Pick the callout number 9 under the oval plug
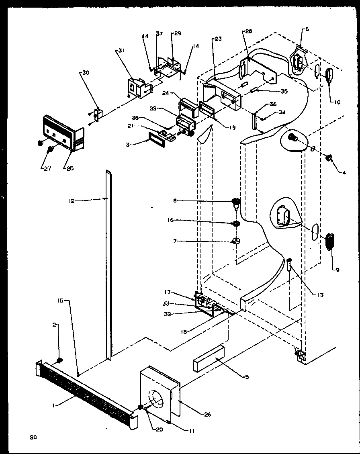pyautogui.click(x=338, y=270)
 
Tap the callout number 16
pyautogui.click(x=171, y=220)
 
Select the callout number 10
pyautogui.click(x=336, y=102)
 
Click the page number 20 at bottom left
pyautogui.click(x=33, y=437)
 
